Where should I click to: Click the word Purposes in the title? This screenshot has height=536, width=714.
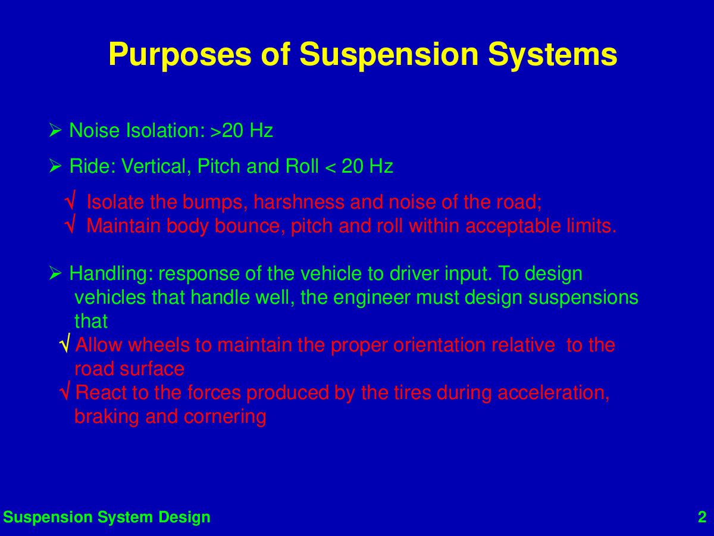coord(180,55)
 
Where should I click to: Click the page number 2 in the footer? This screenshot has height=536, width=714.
coord(702,517)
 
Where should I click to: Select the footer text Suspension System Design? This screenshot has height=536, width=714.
coord(107,518)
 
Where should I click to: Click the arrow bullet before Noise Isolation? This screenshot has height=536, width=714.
coord(55,130)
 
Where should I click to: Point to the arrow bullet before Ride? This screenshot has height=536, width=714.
coord(55,166)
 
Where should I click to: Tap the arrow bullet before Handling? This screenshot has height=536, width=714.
coord(55,273)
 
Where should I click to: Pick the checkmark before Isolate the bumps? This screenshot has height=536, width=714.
coord(71,200)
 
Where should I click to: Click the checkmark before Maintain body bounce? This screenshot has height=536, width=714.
coord(71,223)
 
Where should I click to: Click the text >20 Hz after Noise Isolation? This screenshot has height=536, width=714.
coord(242,130)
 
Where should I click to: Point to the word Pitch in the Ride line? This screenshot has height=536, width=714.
coord(219,166)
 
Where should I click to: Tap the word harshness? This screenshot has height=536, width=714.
coord(299,202)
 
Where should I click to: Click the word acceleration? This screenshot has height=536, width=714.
coord(553,393)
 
